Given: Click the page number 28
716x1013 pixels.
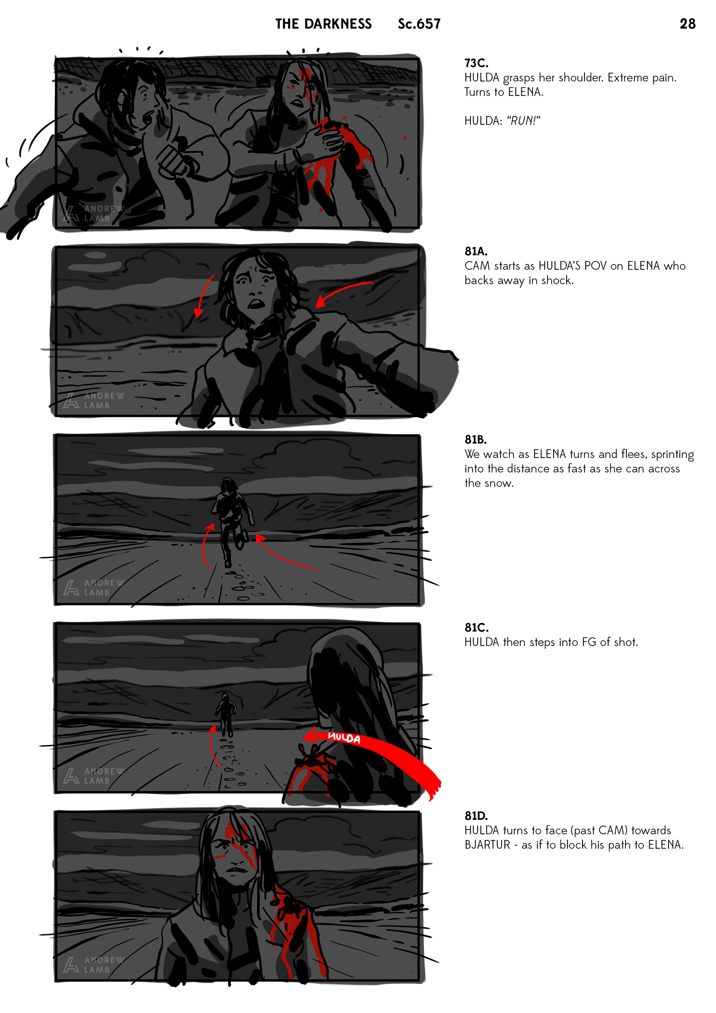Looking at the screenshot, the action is point(687,23).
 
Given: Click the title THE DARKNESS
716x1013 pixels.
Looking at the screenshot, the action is point(323,24).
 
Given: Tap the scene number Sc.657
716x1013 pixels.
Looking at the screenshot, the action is point(419,24).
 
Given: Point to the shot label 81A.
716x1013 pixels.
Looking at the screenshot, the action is point(476,251).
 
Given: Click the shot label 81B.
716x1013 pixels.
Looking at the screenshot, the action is point(475,439).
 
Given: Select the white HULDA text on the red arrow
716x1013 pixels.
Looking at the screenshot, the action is point(344,738).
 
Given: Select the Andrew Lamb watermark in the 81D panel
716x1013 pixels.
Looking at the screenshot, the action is point(94,965).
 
